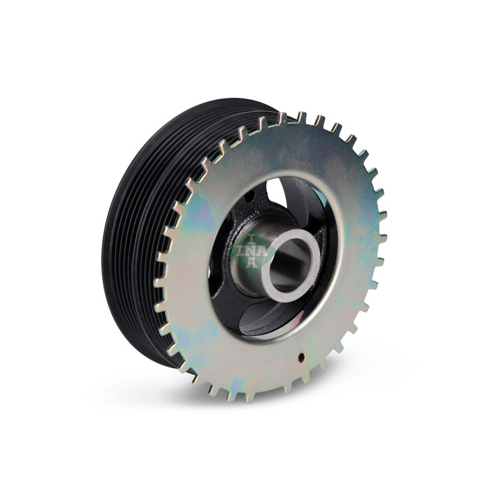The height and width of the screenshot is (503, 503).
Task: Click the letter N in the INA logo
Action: [x=251, y=251]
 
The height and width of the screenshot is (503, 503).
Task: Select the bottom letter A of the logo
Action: [x=251, y=263]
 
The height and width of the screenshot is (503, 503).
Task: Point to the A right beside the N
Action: [x=262, y=251]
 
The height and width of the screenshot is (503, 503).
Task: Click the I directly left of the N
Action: [x=241, y=251]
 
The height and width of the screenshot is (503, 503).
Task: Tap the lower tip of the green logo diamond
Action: [x=252, y=272]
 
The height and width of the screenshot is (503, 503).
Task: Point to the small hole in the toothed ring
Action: [x=301, y=356]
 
